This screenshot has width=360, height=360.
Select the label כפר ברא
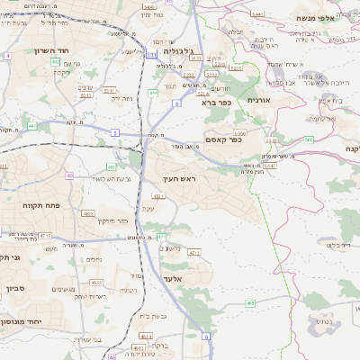pyautogui.click(x=215, y=103)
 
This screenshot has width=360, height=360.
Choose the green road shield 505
pyautogui.click(x=309, y=139)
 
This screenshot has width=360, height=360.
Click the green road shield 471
pyautogui.click(x=161, y=237)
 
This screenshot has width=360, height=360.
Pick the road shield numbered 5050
pyautogui.click(x=240, y=133)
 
